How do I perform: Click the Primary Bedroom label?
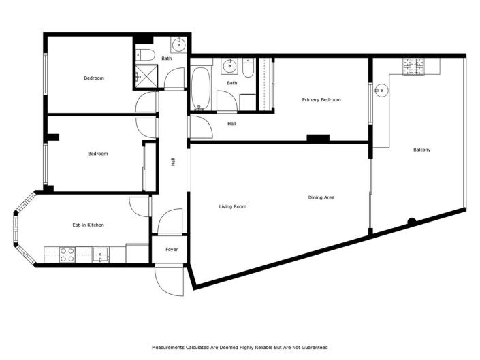(321, 100)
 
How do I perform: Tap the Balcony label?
(421, 150)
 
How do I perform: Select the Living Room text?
(232, 206)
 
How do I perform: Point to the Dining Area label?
(321, 197)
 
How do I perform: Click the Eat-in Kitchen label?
(88, 225)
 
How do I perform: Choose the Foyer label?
(172, 250)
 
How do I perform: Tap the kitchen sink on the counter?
(101, 255)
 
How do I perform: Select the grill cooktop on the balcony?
(413, 67)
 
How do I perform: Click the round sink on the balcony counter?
(382, 89)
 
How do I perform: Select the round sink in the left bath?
(179, 46)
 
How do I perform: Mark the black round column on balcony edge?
(412, 221)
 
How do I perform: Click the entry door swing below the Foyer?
(169, 279)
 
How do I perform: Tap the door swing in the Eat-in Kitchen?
(139, 206)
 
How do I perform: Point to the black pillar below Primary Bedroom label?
(318, 138)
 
